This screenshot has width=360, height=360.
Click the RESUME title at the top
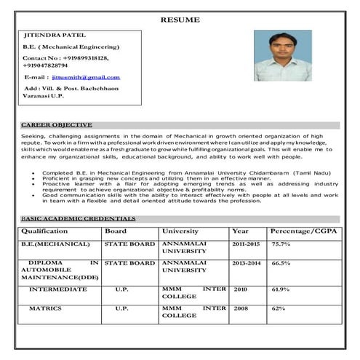pos(179,20)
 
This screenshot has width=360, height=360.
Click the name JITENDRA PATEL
pos(56,34)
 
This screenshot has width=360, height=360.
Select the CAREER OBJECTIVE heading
pos(57,125)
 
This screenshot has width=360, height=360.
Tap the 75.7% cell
pos(281,244)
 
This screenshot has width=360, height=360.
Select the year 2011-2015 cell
pos(246,244)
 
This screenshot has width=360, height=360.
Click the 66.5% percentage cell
pos(281,263)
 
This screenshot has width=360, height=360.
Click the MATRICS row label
pos(45,308)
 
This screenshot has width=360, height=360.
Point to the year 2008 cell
pos(240,308)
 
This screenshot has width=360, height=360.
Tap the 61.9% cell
pos(281,289)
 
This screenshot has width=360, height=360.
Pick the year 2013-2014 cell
pos(246,263)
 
